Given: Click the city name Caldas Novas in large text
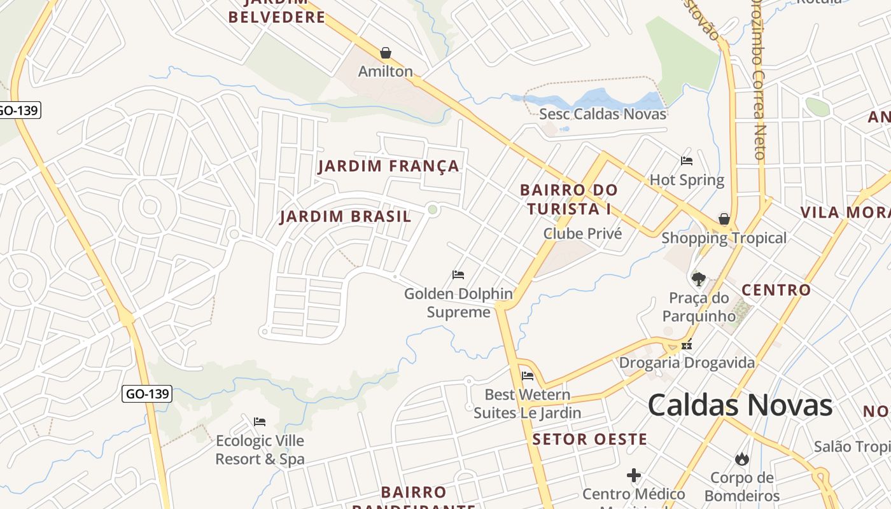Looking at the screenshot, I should (x=740, y=405).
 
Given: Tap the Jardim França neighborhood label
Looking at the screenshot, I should (x=388, y=166).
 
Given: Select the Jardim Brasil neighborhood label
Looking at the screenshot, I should (x=346, y=216).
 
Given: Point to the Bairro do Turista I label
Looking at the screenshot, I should (x=568, y=199).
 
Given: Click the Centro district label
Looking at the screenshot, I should (x=776, y=290).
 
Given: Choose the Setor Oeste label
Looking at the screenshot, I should (x=589, y=439).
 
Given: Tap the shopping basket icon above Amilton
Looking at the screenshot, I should (x=386, y=53).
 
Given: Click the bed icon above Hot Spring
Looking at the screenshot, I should (x=687, y=161).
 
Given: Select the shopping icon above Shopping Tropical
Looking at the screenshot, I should (x=724, y=220).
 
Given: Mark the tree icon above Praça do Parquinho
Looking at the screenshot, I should (x=699, y=279).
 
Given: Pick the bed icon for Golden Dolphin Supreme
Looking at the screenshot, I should (x=458, y=275).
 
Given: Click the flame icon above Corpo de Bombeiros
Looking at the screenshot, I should (x=741, y=459).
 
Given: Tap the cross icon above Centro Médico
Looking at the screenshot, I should (x=634, y=475).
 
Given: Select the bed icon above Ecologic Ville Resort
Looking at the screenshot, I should (x=260, y=422).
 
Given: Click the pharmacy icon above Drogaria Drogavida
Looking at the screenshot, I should (x=687, y=345).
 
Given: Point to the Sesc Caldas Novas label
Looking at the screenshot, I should (x=602, y=114).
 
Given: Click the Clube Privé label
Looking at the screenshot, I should (x=582, y=234).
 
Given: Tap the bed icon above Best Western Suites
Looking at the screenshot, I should (x=528, y=376).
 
